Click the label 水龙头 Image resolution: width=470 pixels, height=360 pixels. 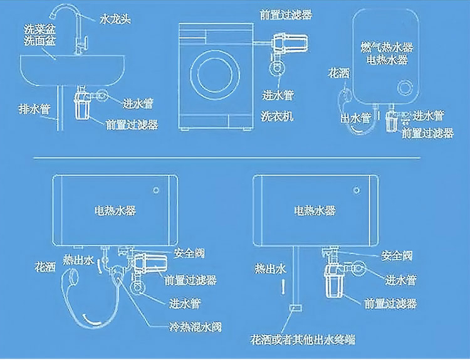coord(115,19)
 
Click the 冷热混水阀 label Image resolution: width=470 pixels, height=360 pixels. coord(194,327)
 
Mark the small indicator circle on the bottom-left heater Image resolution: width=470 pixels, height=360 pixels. coord(156,188)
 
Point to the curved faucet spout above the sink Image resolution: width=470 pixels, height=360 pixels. coord(63,14)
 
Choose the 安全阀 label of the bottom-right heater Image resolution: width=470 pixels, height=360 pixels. coord(397,255)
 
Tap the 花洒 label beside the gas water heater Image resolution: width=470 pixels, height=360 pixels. coord(338,73)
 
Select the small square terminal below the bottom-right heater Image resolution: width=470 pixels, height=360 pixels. coord(296,308)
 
